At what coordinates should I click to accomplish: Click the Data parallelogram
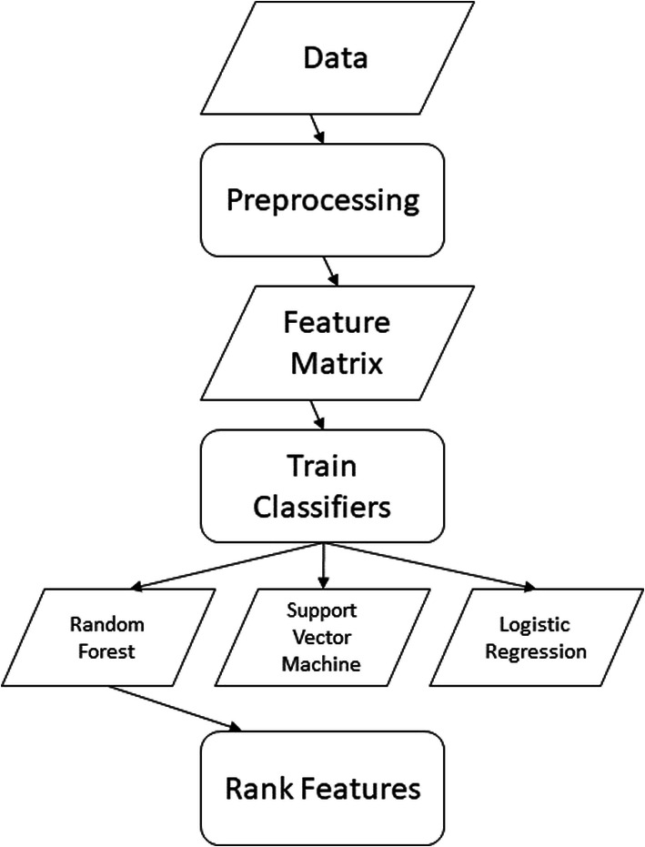click(x=322, y=60)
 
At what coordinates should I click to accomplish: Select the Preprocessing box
click(x=322, y=200)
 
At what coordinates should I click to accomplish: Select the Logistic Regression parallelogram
click(x=535, y=638)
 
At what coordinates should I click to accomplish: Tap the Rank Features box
click(x=322, y=788)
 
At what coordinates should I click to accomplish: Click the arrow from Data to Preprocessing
click(x=316, y=128)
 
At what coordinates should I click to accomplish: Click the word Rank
click(x=257, y=788)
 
